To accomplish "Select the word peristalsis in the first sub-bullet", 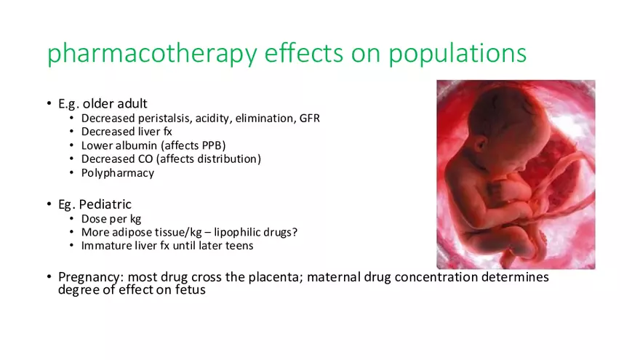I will [160, 118].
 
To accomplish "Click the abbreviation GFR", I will [309, 118].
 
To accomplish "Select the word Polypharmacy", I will [118, 173].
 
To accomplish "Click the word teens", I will [238, 246].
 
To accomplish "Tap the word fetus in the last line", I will [190, 289].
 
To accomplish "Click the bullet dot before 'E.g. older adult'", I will [49, 104].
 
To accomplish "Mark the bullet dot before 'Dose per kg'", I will [71, 218].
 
